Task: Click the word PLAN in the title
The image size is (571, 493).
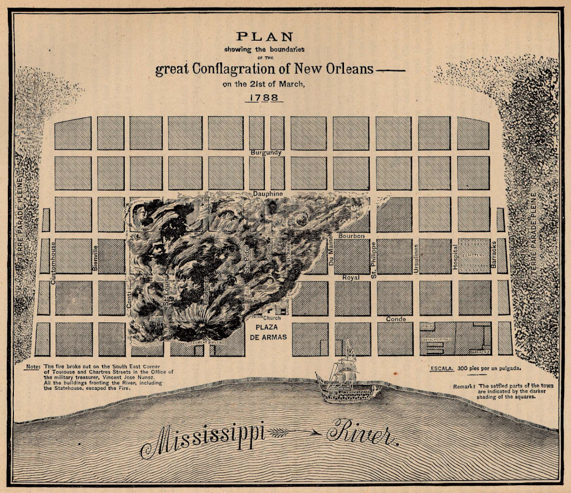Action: coord(264,37)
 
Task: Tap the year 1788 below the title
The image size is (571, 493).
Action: coord(265,97)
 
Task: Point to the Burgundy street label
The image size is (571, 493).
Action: coord(266,152)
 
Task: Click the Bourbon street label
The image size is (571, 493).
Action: coord(351,236)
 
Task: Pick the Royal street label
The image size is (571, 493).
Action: coord(351,277)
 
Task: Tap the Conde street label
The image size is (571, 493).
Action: coord(395,319)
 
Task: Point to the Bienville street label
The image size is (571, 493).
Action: coord(95,258)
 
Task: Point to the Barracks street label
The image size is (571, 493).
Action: coord(493,254)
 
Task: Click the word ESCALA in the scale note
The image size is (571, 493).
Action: coord(441,369)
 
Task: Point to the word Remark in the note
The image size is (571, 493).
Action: coord(464,386)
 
